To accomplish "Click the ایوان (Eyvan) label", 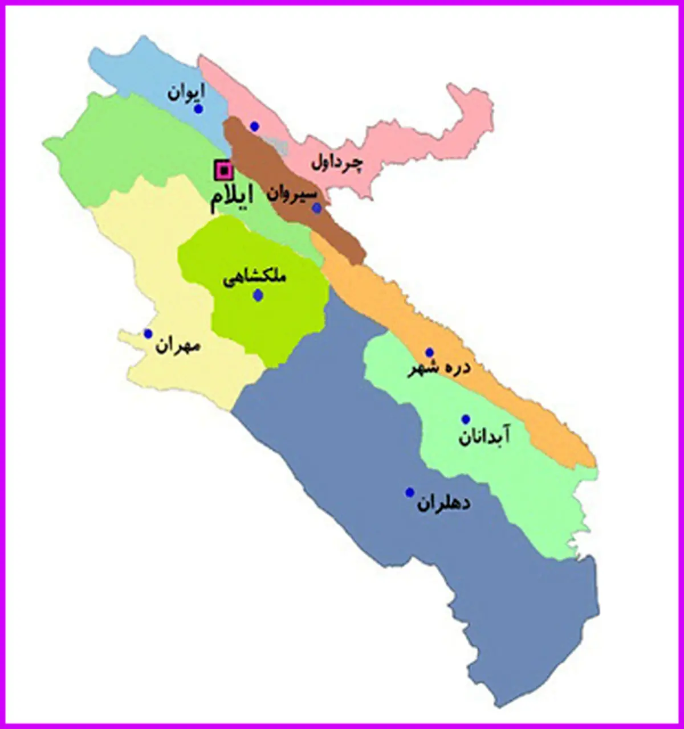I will point(186,92).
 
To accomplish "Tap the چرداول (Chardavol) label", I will point(336,163).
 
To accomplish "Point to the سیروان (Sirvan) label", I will point(292,194).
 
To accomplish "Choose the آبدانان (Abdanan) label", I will point(484,437).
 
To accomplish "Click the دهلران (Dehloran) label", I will point(443,503).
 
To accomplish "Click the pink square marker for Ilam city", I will point(224,170).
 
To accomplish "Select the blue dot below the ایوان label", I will point(198,109).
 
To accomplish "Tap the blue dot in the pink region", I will point(255,126).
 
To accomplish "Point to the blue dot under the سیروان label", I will point(317,208).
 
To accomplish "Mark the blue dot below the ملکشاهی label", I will point(258,295).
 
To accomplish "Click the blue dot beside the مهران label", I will point(148,334).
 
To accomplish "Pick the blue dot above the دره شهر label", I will point(430,353).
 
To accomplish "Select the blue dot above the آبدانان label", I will point(466,419).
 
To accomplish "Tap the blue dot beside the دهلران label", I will point(409,492).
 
